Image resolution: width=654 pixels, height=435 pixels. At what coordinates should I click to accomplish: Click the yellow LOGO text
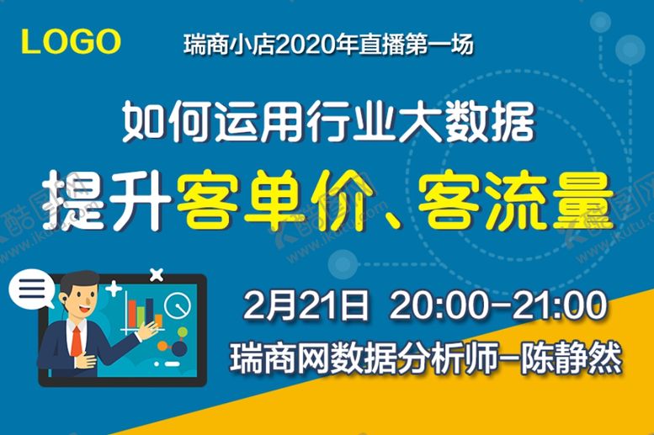[71, 41]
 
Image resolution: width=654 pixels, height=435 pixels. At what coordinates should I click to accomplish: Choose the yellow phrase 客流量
[516, 200]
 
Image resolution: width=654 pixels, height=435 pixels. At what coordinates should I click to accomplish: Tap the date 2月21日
[306, 305]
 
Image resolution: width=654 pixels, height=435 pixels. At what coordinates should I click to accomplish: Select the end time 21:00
[560, 305]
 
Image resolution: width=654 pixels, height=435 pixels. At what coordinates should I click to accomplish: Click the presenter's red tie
[77, 341]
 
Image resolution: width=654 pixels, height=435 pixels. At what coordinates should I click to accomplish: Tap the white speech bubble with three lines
[31, 289]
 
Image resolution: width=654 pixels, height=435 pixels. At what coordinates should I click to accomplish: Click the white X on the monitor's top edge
[157, 274]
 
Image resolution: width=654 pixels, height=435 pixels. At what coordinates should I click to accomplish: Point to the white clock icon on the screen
[178, 305]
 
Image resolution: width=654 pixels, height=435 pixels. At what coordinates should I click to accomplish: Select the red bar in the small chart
[132, 313]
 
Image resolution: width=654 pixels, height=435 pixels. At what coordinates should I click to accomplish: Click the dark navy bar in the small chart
[149, 311]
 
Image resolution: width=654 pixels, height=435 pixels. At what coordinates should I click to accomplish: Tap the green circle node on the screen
[183, 332]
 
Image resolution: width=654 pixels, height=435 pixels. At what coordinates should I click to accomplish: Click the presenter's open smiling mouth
[85, 309]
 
